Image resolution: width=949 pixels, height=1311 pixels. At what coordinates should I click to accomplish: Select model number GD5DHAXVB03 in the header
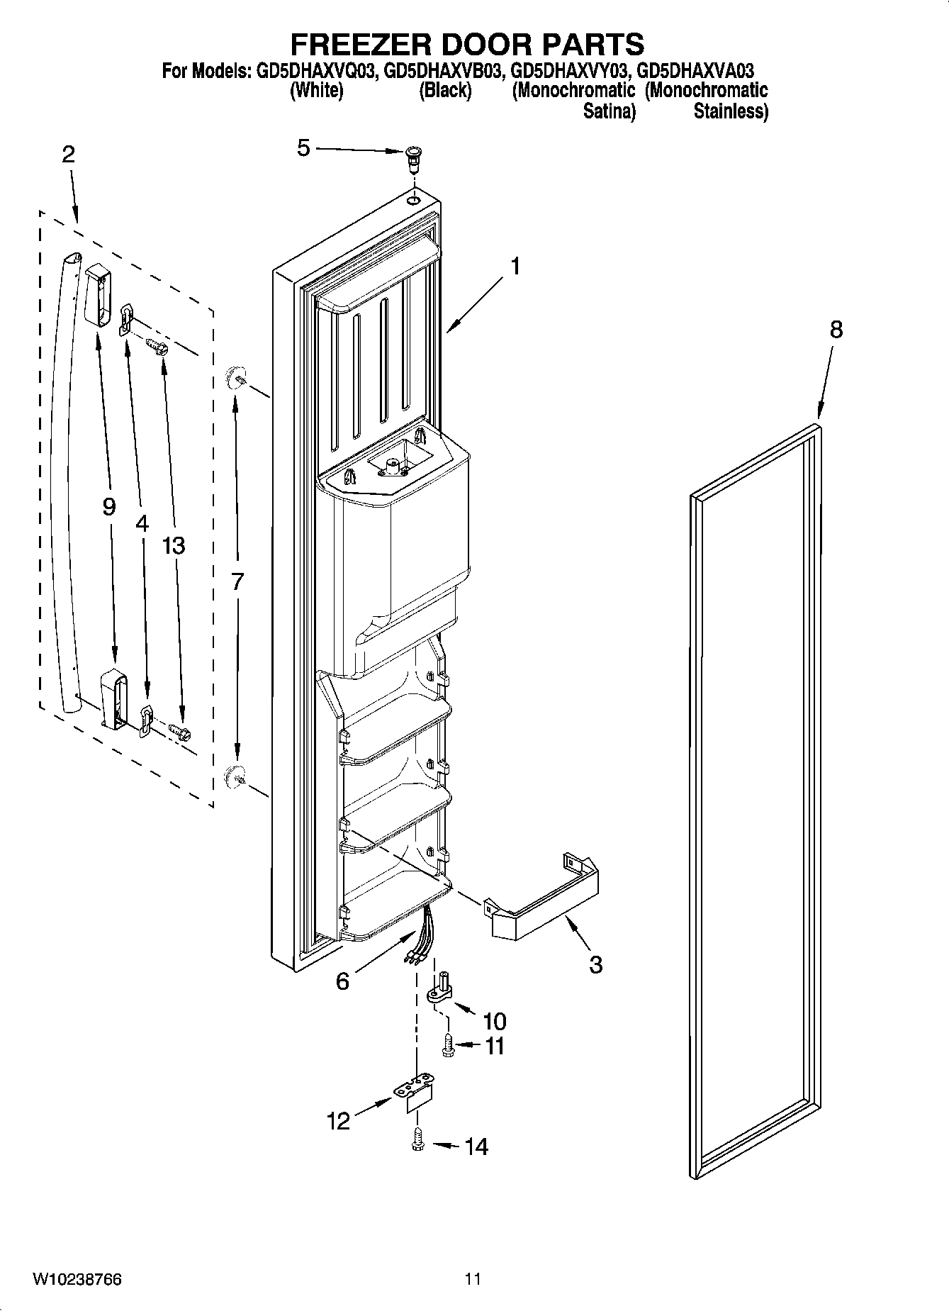pos(444,71)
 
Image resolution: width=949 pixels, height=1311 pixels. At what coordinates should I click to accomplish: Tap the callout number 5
pos(303,148)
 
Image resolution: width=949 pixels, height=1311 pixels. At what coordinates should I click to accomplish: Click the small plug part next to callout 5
pos(413,158)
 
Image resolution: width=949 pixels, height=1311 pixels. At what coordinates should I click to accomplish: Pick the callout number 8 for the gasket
pos(836,330)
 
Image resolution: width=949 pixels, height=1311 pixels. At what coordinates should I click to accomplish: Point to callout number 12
pos(339,1121)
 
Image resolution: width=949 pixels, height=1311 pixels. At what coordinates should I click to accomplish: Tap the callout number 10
pos(495,1021)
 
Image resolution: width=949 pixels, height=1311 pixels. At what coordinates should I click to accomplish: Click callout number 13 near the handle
pos(173,545)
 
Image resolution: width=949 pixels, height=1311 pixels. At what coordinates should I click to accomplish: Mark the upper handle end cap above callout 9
pos(99,294)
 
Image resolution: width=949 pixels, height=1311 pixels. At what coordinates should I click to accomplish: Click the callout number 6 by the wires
pos(342,981)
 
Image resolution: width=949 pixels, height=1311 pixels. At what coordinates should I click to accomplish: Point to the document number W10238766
pos(77,1279)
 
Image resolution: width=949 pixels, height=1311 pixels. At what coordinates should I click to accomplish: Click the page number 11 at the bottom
pos(473,1279)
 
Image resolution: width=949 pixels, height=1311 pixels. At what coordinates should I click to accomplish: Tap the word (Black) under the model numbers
pos(445,91)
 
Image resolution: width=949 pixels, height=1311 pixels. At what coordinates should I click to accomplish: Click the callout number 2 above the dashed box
pos(68,155)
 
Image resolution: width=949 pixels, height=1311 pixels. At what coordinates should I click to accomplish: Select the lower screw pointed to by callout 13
pos(179,732)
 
